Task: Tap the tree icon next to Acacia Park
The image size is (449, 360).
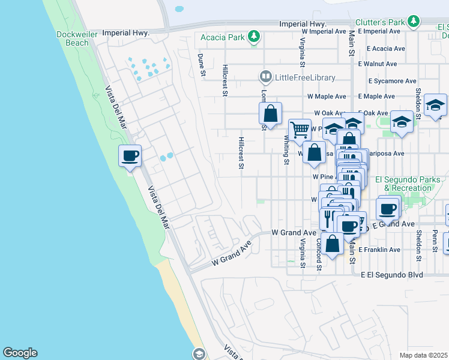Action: pyautogui.click(x=255, y=37)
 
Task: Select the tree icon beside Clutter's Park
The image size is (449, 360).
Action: pyautogui.click(x=413, y=22)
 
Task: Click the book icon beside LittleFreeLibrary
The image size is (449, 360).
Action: pyautogui.click(x=265, y=77)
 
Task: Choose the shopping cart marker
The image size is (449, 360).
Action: pyautogui.click(x=299, y=129)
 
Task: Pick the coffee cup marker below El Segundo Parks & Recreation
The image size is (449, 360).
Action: pyautogui.click(x=388, y=209)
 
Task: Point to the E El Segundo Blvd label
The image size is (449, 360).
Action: pyautogui.click(x=392, y=275)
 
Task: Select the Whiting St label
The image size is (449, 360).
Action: pyautogui.click(x=287, y=149)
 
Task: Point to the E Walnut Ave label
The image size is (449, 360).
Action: pyautogui.click(x=378, y=64)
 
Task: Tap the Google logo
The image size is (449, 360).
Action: pyautogui.click(x=20, y=353)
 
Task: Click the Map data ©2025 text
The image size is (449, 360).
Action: pyautogui.click(x=424, y=355)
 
